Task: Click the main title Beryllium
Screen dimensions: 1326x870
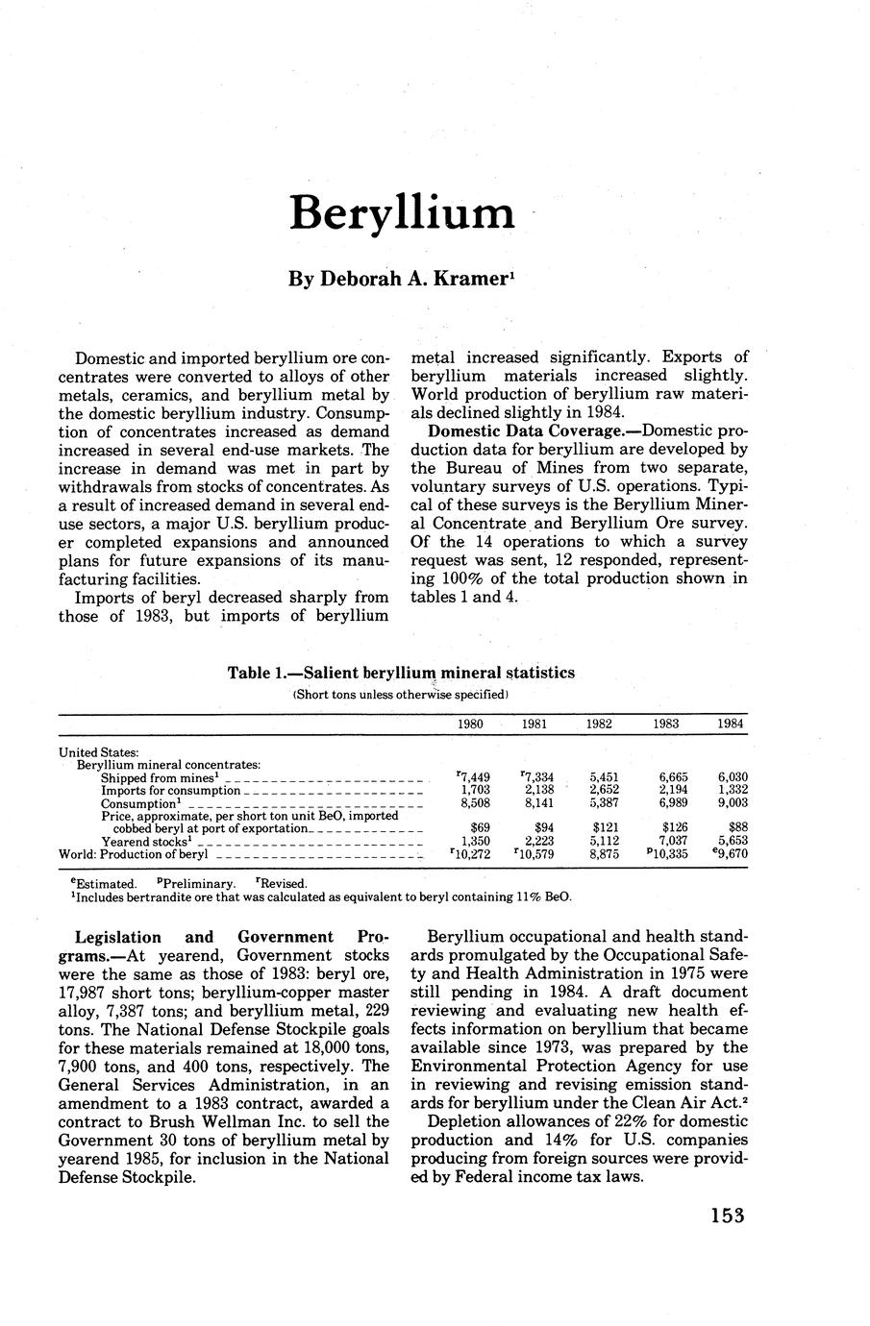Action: point(402,213)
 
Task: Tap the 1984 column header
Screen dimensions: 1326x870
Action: point(731,724)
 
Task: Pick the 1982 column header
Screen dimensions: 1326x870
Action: point(600,724)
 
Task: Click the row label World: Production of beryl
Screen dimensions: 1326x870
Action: point(134,854)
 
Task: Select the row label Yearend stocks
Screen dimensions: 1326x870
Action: point(143,841)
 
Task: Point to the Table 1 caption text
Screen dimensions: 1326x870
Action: point(401,673)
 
